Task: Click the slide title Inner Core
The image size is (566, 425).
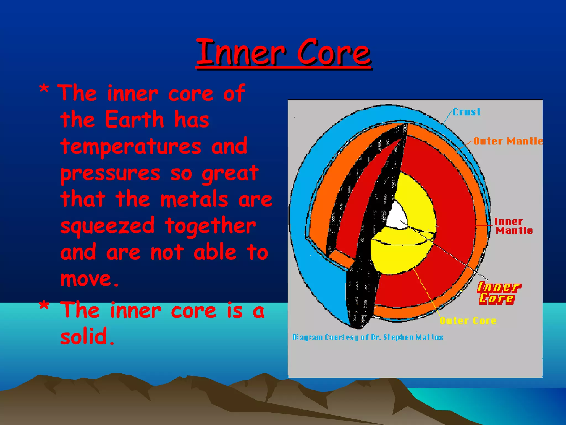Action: tap(284, 53)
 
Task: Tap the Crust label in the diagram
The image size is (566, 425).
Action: tap(467, 112)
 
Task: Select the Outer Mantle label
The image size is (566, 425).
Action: tap(508, 141)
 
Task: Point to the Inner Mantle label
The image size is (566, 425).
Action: tap(513, 226)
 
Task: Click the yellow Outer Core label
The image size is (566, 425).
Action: tap(468, 321)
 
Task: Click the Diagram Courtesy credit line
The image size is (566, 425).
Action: tap(368, 337)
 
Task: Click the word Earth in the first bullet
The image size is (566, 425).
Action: tap(134, 120)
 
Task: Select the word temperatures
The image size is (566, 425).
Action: tap(130, 147)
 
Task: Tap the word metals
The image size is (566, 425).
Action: tap(194, 199)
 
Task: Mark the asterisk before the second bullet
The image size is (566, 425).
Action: tap(44, 307)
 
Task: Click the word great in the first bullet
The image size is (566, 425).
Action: tap(230, 174)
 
